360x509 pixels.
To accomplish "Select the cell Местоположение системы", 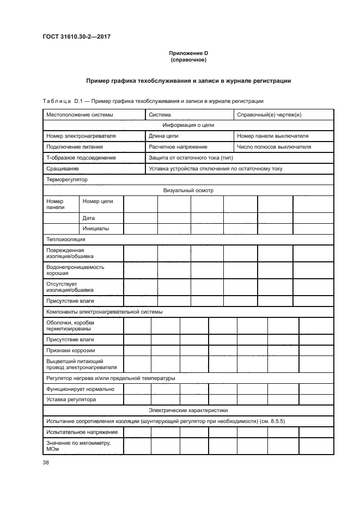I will click(x=80, y=115).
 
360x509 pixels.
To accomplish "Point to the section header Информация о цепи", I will click(x=188, y=125).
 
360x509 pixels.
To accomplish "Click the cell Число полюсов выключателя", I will click(x=274, y=147).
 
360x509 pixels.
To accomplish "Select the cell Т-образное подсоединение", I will click(x=81, y=158).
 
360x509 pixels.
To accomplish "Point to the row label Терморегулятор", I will click(x=67, y=179).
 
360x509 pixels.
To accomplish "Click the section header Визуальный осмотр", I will click(x=188, y=191).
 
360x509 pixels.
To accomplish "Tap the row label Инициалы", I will click(x=96, y=229).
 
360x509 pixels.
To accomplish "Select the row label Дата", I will click(x=89, y=218).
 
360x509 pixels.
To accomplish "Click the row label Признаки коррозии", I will click(x=71, y=350).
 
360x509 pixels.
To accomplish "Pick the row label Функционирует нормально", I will click(x=81, y=389).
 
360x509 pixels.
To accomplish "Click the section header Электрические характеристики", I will click(x=188, y=410).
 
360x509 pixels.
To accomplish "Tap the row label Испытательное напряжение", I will click(x=82, y=432).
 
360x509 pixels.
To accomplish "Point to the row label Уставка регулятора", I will click(x=71, y=399).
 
